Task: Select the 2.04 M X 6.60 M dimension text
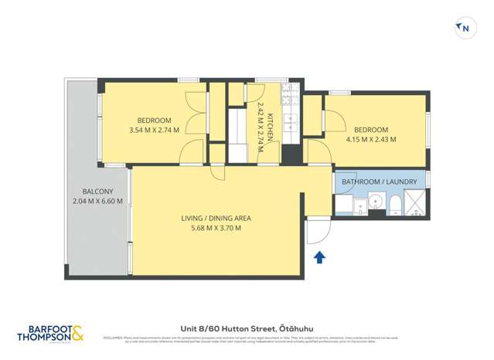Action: tap(97, 202)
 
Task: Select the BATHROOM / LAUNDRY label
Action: tap(379, 182)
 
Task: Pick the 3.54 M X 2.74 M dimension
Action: tap(155, 130)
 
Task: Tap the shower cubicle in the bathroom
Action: tap(414, 204)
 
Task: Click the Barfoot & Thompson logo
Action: tap(49, 333)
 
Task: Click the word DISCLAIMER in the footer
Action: tap(113, 336)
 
